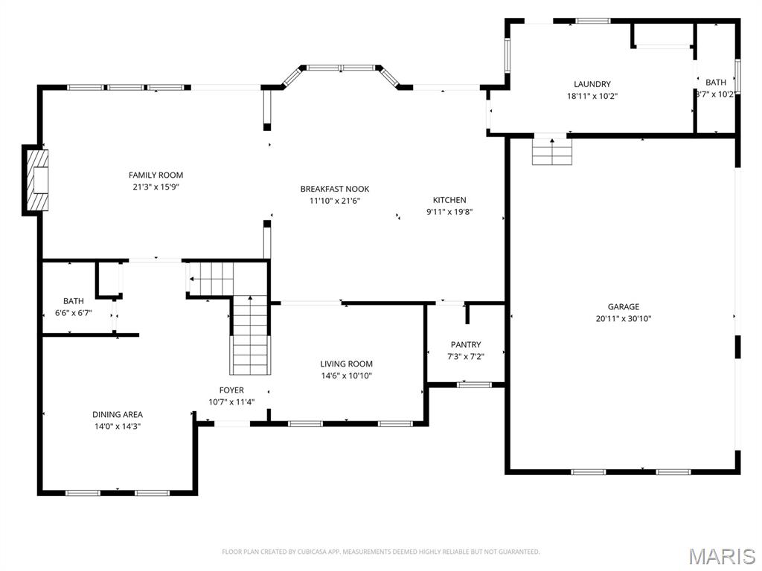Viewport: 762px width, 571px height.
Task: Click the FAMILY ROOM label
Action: (x=156, y=175)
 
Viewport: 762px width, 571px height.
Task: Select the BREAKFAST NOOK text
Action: (x=334, y=189)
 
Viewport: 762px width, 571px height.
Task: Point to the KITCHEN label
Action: (x=449, y=200)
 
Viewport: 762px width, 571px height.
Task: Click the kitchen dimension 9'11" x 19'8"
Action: (x=449, y=212)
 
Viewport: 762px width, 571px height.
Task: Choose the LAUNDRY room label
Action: (x=592, y=84)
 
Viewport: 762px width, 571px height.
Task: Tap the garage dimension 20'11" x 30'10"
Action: (x=623, y=318)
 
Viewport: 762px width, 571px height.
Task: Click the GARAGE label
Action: (x=623, y=306)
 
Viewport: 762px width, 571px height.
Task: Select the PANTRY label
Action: (x=466, y=344)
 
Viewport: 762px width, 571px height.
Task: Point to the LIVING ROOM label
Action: (x=346, y=364)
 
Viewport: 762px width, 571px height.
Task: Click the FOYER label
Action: (x=231, y=390)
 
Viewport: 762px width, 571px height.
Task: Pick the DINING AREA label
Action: (x=118, y=414)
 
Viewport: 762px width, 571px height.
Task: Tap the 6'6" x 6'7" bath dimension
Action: (x=73, y=313)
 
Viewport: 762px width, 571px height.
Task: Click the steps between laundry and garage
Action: (x=551, y=151)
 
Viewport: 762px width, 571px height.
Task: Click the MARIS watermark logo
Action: (x=722, y=555)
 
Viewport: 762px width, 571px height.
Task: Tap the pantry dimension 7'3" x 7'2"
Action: (x=466, y=356)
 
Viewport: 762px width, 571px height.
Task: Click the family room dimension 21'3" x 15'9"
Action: (x=156, y=187)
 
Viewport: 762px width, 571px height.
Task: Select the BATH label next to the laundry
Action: (x=716, y=83)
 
